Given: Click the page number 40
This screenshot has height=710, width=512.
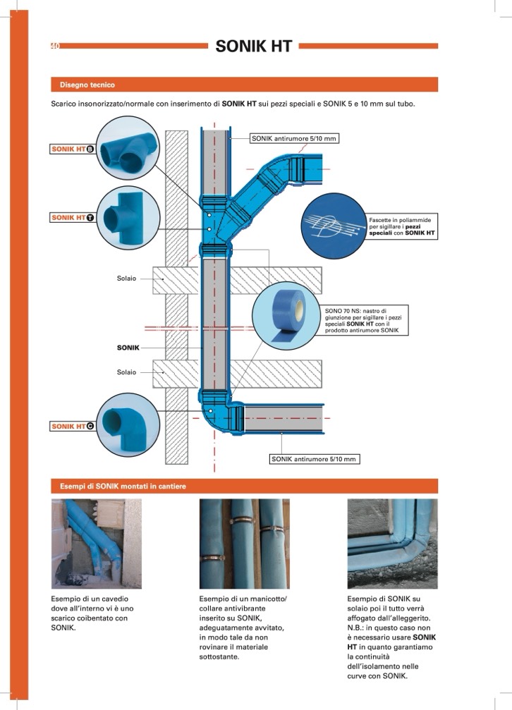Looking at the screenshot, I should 54,47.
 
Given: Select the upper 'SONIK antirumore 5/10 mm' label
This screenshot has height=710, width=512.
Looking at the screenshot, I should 294,139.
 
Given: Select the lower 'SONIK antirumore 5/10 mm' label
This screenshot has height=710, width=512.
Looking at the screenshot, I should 314,459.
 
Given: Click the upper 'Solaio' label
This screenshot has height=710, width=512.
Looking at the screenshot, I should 126,279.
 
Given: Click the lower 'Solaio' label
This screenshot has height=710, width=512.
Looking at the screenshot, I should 126,372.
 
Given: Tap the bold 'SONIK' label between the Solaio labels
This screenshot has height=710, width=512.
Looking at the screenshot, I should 128,348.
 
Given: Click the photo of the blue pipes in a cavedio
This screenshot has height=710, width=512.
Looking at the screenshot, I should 96,544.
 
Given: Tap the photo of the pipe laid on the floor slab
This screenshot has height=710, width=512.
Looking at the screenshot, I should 392,544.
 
